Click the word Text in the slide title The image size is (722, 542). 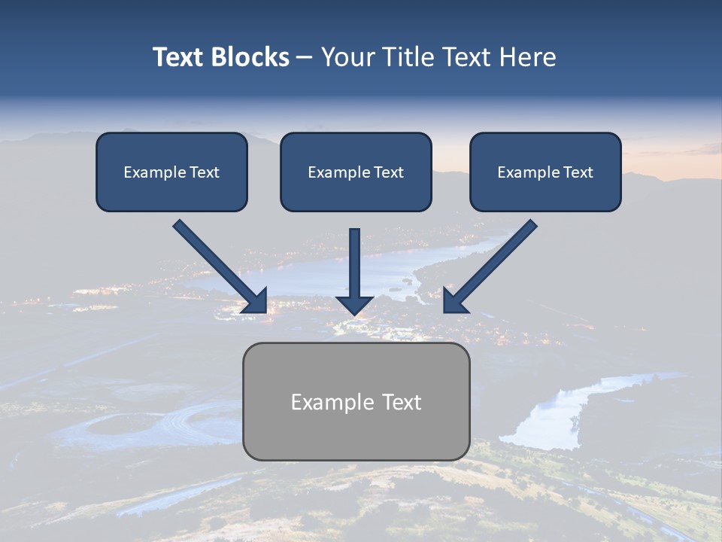tap(179, 57)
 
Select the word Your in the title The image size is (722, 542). tap(347, 57)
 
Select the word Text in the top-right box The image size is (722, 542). tap(578, 172)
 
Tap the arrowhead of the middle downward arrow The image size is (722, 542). tap(355, 304)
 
